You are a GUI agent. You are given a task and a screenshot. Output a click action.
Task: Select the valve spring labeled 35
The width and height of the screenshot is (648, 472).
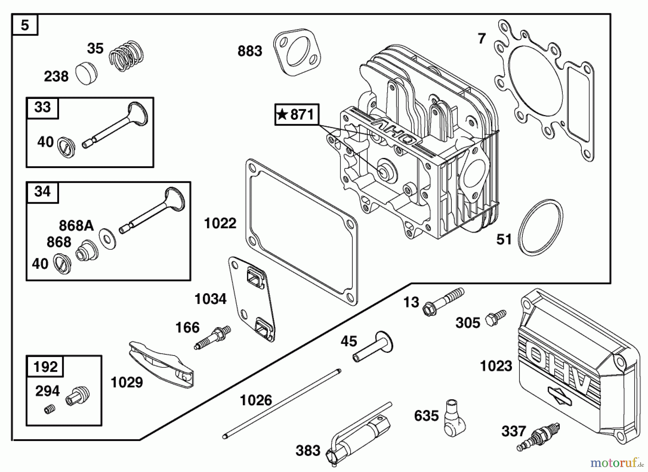click(126, 55)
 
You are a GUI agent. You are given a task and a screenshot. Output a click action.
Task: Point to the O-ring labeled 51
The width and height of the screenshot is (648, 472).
click(540, 228)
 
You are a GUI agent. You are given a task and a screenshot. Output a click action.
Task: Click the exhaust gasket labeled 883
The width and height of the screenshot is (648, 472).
click(297, 53)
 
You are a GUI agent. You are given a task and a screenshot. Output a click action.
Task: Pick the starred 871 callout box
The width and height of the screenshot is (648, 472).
click(297, 115)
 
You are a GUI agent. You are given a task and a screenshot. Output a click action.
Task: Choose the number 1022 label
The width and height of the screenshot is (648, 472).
click(220, 223)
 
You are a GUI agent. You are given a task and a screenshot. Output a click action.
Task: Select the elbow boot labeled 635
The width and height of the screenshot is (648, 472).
click(454, 417)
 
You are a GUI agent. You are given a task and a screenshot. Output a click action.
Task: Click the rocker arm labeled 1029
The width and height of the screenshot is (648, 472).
click(161, 364)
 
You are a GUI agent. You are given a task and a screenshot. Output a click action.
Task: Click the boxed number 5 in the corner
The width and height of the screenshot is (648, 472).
click(25, 25)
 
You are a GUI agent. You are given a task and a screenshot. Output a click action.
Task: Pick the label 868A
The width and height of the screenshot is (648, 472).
click(76, 226)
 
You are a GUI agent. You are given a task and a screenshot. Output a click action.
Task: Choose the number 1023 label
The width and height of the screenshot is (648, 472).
click(496, 366)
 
